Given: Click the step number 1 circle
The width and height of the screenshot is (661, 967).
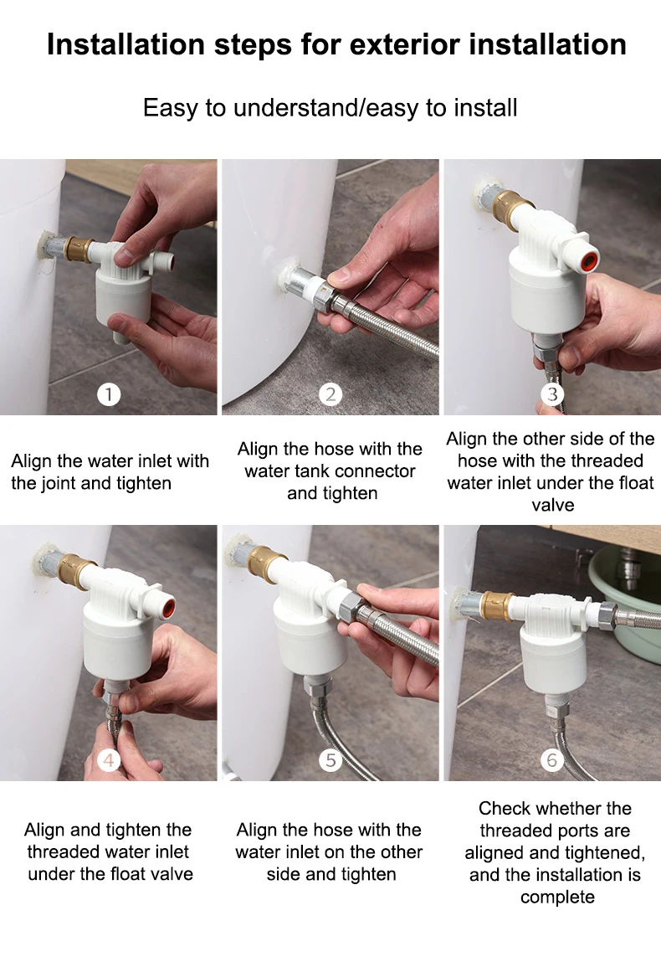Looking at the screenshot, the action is pos(109,394).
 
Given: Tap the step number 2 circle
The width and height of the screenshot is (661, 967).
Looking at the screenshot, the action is pos(330,394).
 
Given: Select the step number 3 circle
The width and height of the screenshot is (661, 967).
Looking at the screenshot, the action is pos(552,394).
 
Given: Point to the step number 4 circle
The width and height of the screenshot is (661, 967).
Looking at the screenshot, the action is pos(109,760).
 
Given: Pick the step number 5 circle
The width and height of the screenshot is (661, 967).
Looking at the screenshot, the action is pos(330,760).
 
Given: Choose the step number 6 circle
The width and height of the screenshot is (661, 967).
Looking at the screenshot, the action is pos(552,760).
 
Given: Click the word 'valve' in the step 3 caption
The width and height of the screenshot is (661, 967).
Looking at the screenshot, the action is pos(553,505).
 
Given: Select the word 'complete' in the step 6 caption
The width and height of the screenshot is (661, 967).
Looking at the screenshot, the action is pos(557,898).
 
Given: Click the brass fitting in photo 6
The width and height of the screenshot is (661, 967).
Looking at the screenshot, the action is pos(498,607).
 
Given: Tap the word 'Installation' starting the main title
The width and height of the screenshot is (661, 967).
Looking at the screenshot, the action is pos(126,44).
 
